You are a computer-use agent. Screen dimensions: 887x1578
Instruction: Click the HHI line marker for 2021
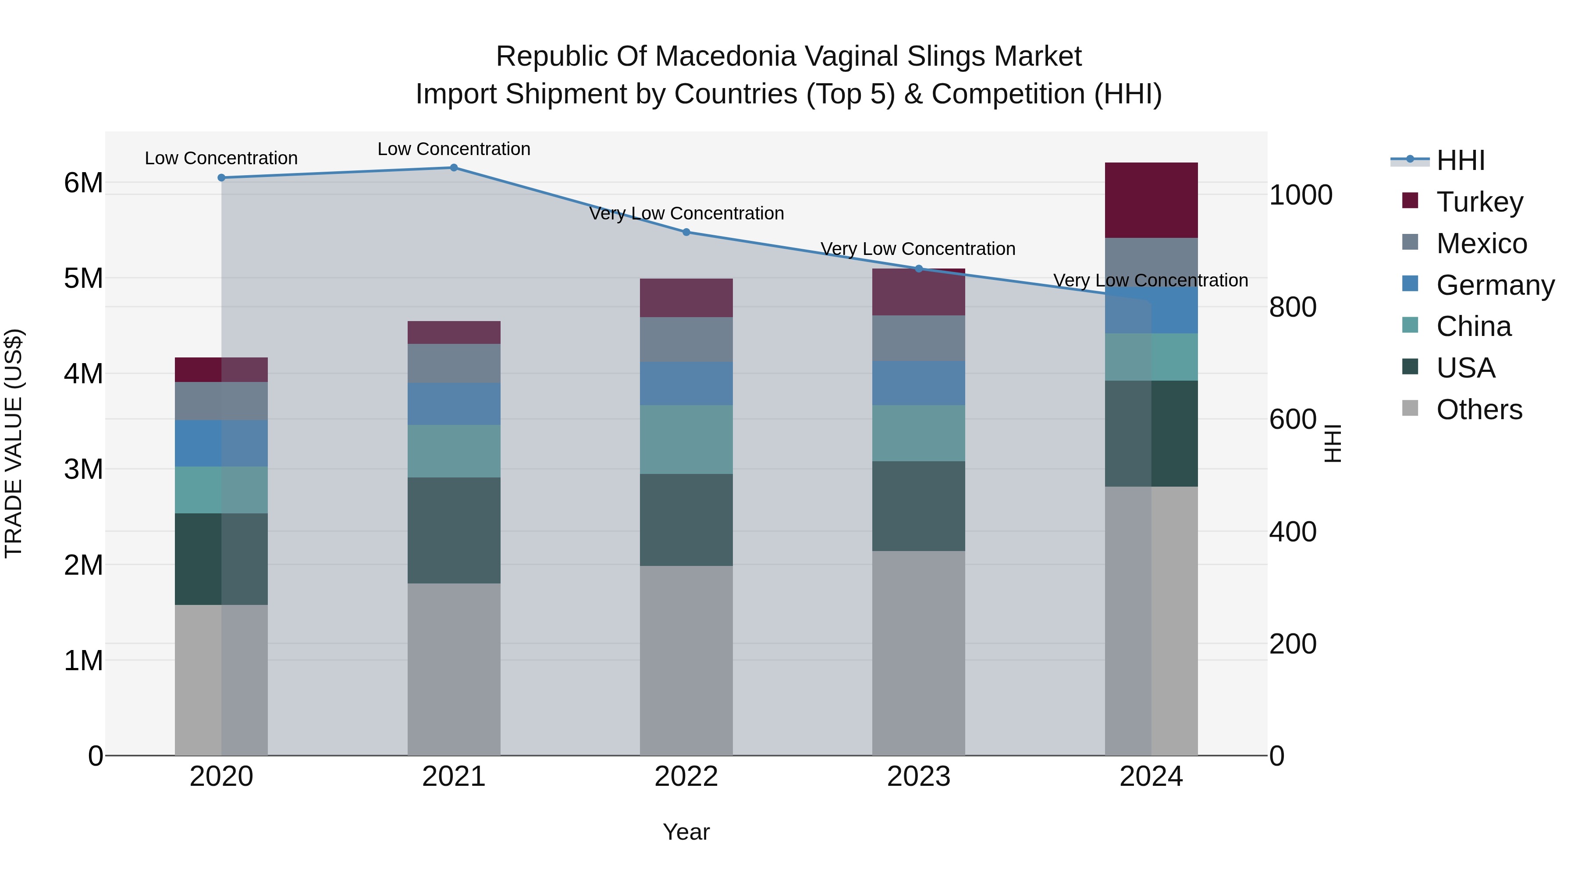tap(454, 168)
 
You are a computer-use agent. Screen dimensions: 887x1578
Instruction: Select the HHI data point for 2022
tap(686, 232)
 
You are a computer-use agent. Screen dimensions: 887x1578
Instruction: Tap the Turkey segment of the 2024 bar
tap(1151, 200)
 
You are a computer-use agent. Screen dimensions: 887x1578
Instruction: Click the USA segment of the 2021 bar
tap(454, 530)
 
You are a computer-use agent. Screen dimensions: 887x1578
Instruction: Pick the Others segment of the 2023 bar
tap(918, 653)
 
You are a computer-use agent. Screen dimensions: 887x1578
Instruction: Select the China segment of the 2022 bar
tap(686, 439)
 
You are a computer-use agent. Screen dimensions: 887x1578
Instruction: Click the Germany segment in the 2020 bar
tap(221, 443)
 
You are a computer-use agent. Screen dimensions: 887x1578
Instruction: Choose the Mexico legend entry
tap(1481, 244)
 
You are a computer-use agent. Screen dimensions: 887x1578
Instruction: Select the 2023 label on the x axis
tap(918, 777)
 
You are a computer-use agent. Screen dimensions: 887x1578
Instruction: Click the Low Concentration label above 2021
tap(454, 149)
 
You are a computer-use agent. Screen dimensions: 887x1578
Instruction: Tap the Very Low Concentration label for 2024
tap(1151, 280)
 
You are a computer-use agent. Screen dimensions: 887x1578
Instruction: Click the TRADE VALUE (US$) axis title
tap(14, 443)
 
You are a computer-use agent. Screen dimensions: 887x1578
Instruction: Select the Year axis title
tap(686, 832)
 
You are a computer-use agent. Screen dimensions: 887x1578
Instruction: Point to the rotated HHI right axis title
tap(1333, 443)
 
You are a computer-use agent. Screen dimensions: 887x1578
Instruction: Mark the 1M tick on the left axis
tap(83, 661)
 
